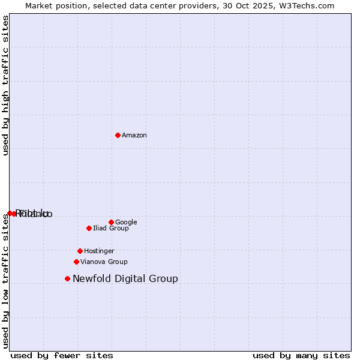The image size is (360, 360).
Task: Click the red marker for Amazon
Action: pyautogui.click(x=118, y=135)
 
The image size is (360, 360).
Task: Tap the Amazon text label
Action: pyautogui.click(x=134, y=136)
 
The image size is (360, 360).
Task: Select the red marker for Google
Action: pyautogui.click(x=111, y=222)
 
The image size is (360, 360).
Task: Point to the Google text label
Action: pyautogui.click(x=126, y=223)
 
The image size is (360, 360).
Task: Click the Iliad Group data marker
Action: pyautogui.click(x=89, y=228)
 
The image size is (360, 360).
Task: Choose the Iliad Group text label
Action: pyautogui.click(x=111, y=229)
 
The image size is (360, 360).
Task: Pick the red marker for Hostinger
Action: pyautogui.click(x=80, y=251)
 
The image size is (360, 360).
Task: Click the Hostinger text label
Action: pyautogui.click(x=99, y=251)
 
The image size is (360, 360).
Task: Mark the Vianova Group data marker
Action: pyautogui.click(x=76, y=262)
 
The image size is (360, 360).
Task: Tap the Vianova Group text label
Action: pyautogui.click(x=104, y=262)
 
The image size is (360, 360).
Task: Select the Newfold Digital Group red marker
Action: pyautogui.click(x=67, y=278)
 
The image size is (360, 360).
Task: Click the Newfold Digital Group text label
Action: pyautogui.click(x=125, y=279)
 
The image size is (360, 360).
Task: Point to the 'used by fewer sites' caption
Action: pyautogui.click(x=62, y=355)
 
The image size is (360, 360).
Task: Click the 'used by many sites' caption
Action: pyautogui.click(x=301, y=355)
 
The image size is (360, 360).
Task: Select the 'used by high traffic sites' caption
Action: pyautogui.click(x=6, y=85)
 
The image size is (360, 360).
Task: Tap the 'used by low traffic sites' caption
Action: pyautogui.click(x=6, y=282)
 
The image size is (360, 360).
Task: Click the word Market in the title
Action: pyautogui.click(x=39, y=6)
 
